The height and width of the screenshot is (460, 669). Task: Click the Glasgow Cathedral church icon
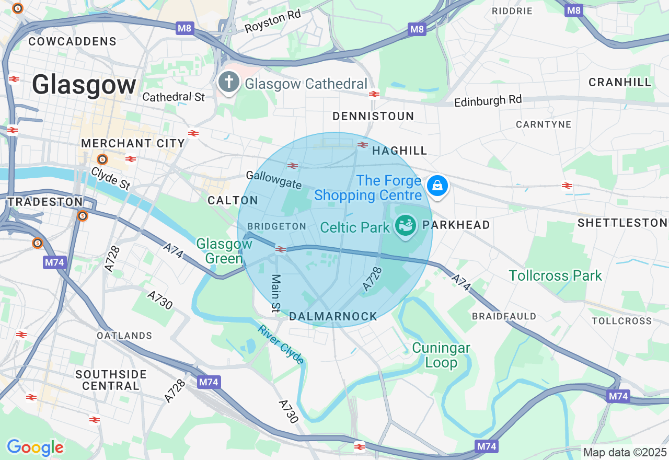click(228, 82)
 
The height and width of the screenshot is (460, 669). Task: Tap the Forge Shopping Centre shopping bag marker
click(437, 186)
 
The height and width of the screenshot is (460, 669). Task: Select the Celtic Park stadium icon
click(406, 226)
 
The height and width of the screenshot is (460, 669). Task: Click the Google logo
click(35, 447)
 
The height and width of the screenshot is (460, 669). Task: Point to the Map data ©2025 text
click(625, 452)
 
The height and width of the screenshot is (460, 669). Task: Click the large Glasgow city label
click(84, 85)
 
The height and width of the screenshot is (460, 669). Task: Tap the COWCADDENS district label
click(72, 41)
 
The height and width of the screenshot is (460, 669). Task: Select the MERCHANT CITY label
click(133, 143)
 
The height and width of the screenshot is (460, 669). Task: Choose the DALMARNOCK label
click(333, 316)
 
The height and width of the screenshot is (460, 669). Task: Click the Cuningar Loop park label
click(441, 355)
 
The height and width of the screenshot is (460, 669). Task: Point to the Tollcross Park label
click(555, 275)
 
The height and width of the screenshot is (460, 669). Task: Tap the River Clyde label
click(281, 344)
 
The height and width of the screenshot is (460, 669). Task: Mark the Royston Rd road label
click(273, 21)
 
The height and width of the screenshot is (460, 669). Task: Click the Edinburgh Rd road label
click(488, 100)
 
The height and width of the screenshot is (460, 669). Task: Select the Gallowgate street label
click(274, 180)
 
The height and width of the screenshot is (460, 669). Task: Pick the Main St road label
click(275, 294)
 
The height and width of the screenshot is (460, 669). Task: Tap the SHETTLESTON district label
click(622, 223)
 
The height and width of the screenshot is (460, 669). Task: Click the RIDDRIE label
click(512, 11)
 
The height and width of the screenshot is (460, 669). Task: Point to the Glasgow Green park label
click(224, 251)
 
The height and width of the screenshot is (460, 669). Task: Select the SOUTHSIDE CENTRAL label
click(111, 380)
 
